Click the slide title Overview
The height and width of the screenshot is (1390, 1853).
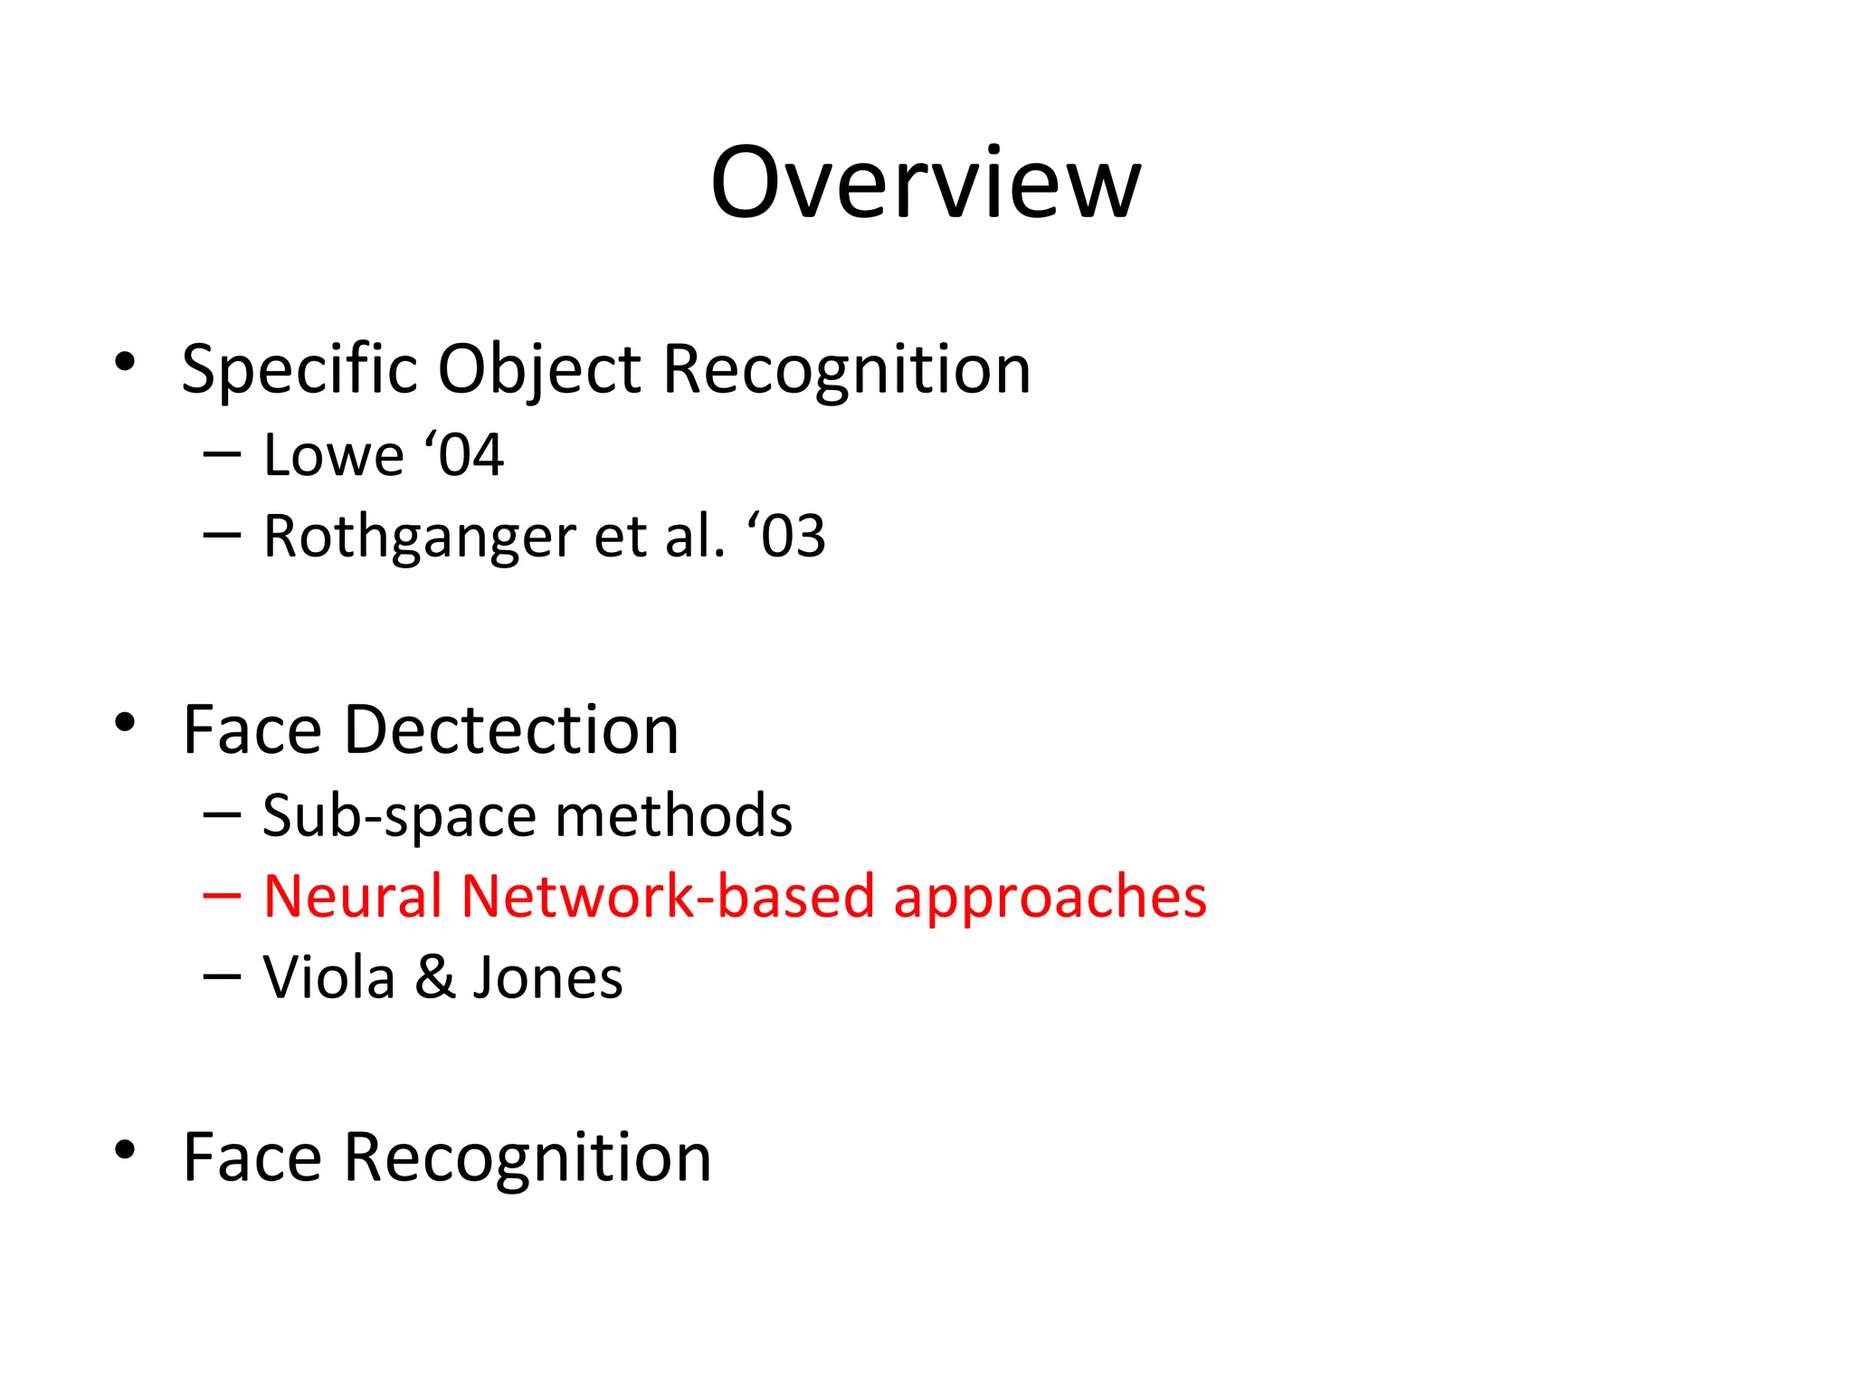pyautogui.click(x=926, y=183)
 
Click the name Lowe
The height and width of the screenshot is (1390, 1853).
pyautogui.click(x=333, y=454)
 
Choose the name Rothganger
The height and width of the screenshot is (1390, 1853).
pyautogui.click(x=419, y=537)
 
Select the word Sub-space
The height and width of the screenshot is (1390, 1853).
pyautogui.click(x=399, y=816)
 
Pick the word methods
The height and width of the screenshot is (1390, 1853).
pyautogui.click(x=674, y=815)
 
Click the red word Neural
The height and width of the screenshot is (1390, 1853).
pyautogui.click(x=352, y=896)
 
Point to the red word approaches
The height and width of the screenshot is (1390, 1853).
pyautogui.click(x=1050, y=898)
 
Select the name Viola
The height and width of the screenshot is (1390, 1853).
pyautogui.click(x=329, y=977)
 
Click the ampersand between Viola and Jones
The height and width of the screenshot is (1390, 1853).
pyautogui.click(x=435, y=977)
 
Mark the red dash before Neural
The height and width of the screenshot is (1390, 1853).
pyautogui.click(x=222, y=896)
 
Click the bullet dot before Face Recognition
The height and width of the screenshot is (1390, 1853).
pyautogui.click(x=125, y=1150)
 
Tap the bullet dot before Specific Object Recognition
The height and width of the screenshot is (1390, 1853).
pyautogui.click(x=125, y=363)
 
